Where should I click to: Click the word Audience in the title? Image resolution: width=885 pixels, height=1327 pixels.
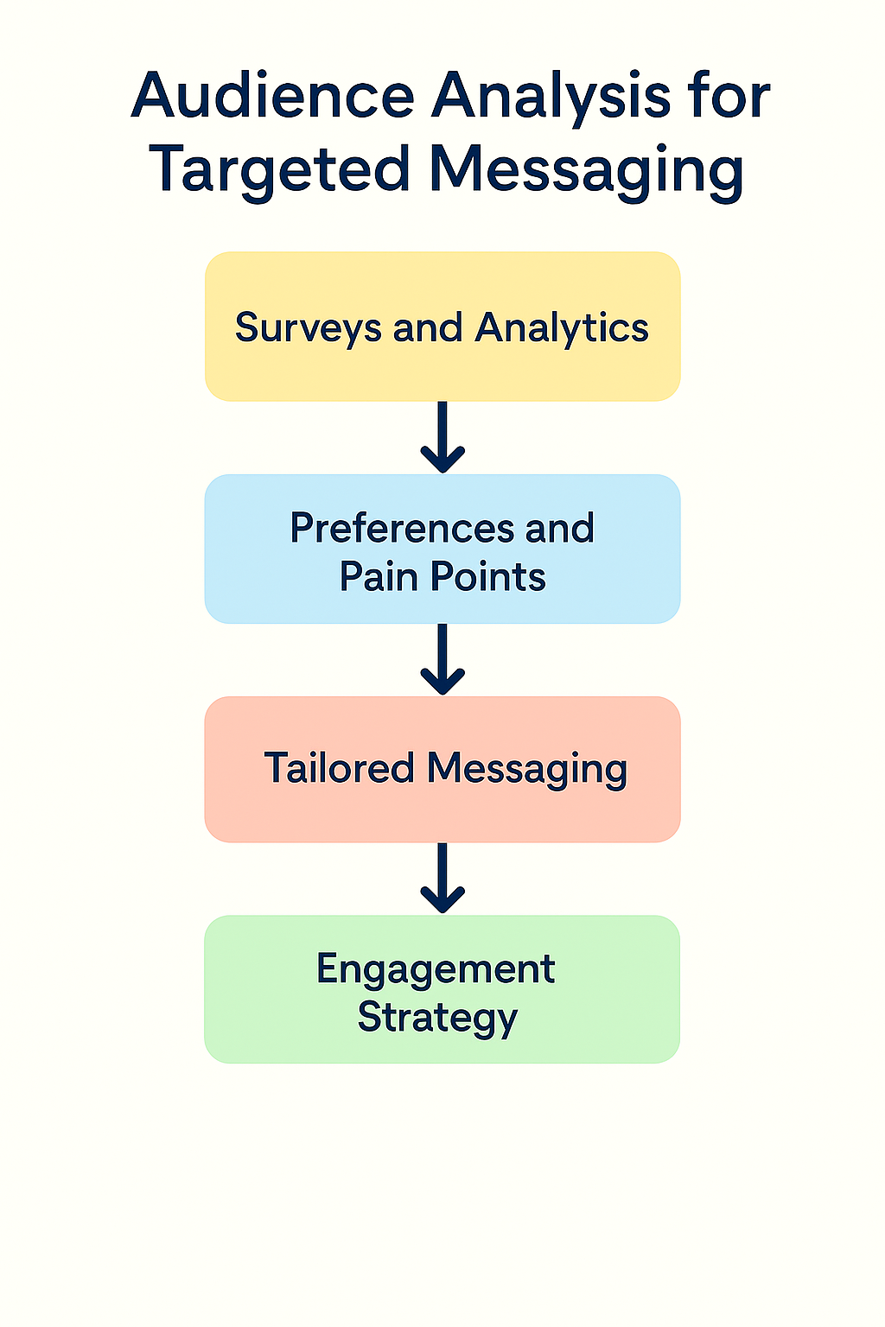coord(273,96)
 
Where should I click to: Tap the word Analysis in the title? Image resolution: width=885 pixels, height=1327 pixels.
coord(551,96)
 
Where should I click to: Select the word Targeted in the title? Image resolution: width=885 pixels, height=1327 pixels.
coord(279,168)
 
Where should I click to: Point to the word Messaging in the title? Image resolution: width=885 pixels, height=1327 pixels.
coord(587,168)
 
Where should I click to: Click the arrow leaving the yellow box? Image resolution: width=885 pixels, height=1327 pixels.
coord(442,437)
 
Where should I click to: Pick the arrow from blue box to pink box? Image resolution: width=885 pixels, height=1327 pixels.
coord(442,659)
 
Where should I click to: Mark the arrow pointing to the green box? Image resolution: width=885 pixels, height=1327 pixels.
coord(442,879)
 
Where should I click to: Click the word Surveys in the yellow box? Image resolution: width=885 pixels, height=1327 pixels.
coord(308,329)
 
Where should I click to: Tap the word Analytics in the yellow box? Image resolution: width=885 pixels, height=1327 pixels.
coord(562,329)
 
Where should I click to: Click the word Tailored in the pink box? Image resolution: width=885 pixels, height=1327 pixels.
coord(339,768)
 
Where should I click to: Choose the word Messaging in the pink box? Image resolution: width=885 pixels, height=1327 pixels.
coord(527,769)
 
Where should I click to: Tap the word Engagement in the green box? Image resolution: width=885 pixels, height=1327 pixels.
coord(436,969)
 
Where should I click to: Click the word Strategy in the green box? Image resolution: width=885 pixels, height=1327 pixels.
coord(437,1018)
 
